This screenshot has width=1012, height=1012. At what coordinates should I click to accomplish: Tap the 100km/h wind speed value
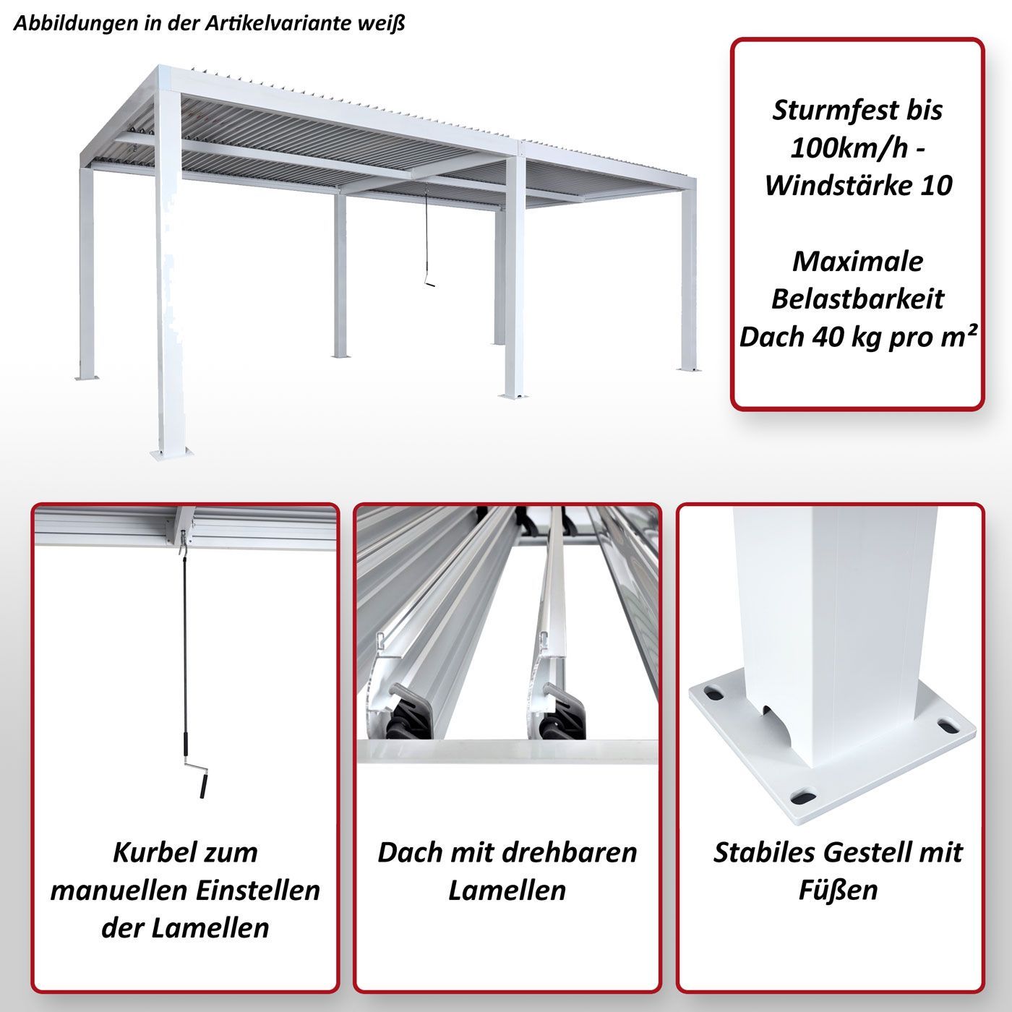point(850,149)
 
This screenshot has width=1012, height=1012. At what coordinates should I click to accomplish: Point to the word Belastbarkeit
point(857,299)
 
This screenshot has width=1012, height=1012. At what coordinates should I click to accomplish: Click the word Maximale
point(857,262)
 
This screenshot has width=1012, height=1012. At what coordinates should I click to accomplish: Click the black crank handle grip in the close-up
point(202,786)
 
